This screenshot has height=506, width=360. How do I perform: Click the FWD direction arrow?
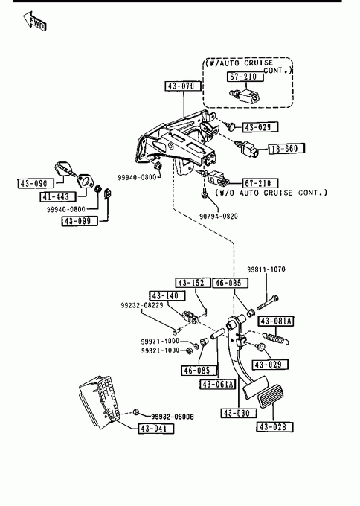click(x=34, y=21)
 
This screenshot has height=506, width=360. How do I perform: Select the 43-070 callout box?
click(x=183, y=86)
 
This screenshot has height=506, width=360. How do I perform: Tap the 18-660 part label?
click(x=286, y=148)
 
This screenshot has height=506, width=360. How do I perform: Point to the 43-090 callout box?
click(x=36, y=183)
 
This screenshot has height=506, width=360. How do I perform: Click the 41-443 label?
click(x=58, y=196)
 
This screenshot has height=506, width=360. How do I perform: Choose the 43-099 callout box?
click(x=80, y=221)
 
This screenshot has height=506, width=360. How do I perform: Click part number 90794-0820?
click(x=219, y=216)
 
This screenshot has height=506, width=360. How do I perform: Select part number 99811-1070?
click(x=266, y=269)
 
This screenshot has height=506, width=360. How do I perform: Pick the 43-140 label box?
click(x=167, y=295)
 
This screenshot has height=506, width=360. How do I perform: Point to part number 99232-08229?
click(x=142, y=305)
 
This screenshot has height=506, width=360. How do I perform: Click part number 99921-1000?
click(x=160, y=350)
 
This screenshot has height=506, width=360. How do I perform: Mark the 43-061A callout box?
click(x=218, y=385)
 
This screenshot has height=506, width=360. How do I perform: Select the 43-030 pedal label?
click(x=239, y=413)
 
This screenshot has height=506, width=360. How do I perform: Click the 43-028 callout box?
click(x=275, y=426)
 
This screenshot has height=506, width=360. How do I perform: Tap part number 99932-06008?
click(x=173, y=417)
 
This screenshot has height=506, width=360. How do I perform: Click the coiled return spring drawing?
click(x=277, y=338)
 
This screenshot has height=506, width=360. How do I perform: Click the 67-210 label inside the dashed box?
click(x=245, y=77)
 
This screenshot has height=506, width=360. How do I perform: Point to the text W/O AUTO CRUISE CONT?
click(x=271, y=193)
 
